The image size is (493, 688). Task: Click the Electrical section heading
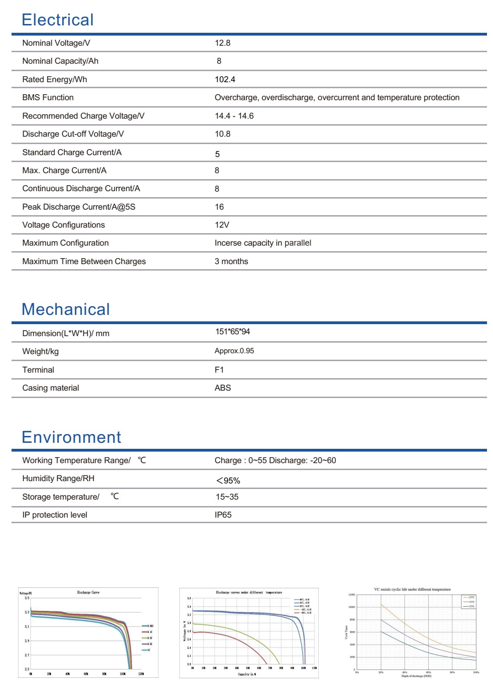click(x=57, y=20)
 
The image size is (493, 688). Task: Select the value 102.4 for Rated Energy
click(x=225, y=79)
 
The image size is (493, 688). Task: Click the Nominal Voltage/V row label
click(x=56, y=43)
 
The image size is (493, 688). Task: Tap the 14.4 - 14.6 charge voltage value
click(x=234, y=116)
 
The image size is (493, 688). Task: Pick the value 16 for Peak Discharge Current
click(x=219, y=207)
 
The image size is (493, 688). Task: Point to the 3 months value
click(x=231, y=261)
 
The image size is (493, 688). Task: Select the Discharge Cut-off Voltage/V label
click(x=73, y=134)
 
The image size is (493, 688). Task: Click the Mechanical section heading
click(x=66, y=309)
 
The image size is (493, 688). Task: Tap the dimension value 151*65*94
click(x=232, y=332)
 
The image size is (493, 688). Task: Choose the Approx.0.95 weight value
click(x=234, y=351)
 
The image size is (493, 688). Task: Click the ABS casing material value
click(x=222, y=388)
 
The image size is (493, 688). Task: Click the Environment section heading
click(x=71, y=437)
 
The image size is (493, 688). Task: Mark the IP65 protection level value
click(x=223, y=515)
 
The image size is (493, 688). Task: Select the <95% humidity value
click(x=228, y=481)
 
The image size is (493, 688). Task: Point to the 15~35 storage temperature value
click(x=227, y=497)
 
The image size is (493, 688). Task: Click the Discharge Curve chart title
click(x=88, y=592)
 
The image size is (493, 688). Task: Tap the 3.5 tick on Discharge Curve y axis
click(x=27, y=598)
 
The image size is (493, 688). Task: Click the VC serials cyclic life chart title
click(x=412, y=590)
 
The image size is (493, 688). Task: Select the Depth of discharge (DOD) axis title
click(x=416, y=676)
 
